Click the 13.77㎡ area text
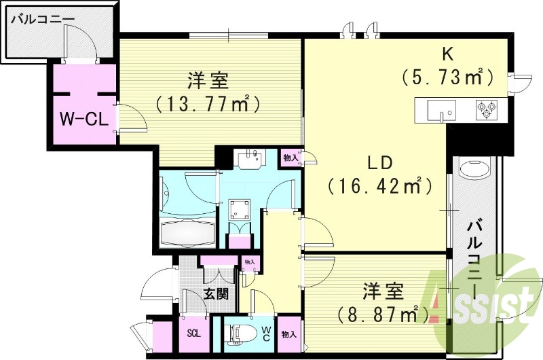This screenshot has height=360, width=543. [x=208, y=104]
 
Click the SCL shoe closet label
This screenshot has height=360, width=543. [x=193, y=335]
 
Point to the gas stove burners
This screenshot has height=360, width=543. [x=487, y=108]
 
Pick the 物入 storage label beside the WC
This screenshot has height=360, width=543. [x=289, y=335]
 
